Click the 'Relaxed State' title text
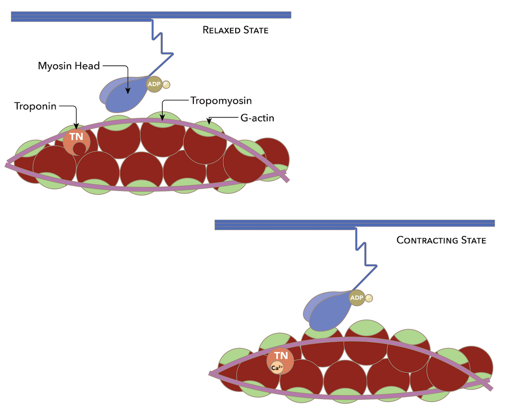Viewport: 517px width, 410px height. (235, 31)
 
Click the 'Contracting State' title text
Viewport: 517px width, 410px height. (441, 240)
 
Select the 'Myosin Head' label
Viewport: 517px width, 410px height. (69, 66)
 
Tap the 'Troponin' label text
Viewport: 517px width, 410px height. (35, 106)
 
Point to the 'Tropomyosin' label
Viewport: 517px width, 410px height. (221, 101)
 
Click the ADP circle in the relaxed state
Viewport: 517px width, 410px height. (154, 84)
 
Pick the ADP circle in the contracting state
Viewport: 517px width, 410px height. (356, 298)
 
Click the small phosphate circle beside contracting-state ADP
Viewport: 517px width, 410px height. (368, 298)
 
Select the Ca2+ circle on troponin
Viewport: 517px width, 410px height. (277, 367)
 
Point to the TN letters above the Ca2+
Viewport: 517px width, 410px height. (281, 356)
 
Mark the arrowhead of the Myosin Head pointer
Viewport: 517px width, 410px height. (128, 91)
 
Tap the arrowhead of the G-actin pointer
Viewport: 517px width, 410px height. (209, 122)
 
